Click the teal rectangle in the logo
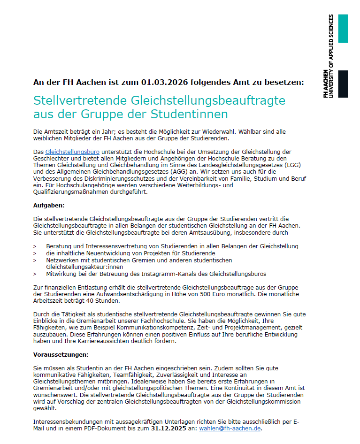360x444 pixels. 343,29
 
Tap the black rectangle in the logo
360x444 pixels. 343,84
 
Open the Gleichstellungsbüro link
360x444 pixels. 72,152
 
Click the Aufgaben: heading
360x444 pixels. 49,206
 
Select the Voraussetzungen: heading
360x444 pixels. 61,354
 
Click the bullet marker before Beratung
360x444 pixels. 35,246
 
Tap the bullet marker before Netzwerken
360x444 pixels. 35,260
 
